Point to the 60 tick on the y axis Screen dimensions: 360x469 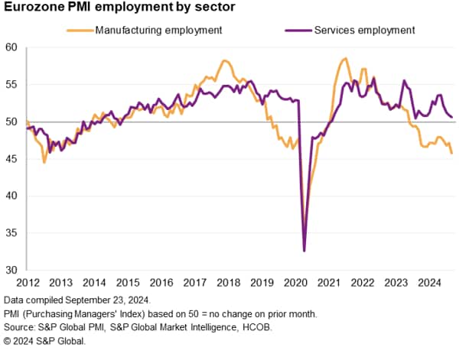12,47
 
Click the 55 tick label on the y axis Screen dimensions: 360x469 12,84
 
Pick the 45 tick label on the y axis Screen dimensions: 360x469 12,158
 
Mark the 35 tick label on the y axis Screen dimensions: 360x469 12,232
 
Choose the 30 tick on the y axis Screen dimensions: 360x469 12,270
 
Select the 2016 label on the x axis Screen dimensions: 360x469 161,283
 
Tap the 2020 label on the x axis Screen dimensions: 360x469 294,283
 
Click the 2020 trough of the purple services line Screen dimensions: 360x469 305,251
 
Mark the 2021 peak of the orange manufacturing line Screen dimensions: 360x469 346,58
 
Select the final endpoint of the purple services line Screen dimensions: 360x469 451,117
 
